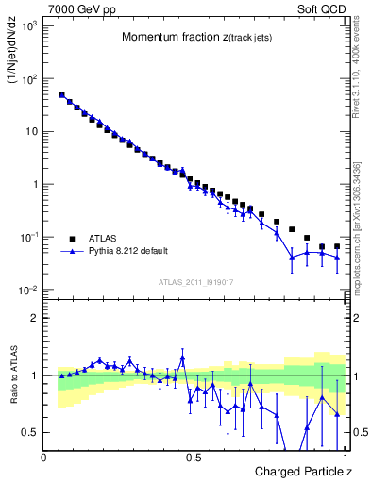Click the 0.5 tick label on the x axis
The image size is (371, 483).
[194, 458]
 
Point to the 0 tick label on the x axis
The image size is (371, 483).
[44, 458]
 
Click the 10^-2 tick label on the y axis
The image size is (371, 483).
[27, 290]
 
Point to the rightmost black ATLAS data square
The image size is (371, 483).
[337, 246]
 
